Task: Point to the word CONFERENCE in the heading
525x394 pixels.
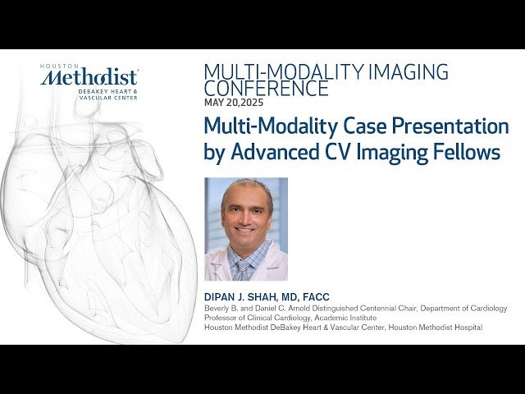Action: click(x=266, y=88)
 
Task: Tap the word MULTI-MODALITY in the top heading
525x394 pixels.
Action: click(x=266, y=71)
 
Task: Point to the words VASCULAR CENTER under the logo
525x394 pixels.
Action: click(x=108, y=97)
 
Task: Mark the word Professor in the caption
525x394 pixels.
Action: click(x=221, y=318)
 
